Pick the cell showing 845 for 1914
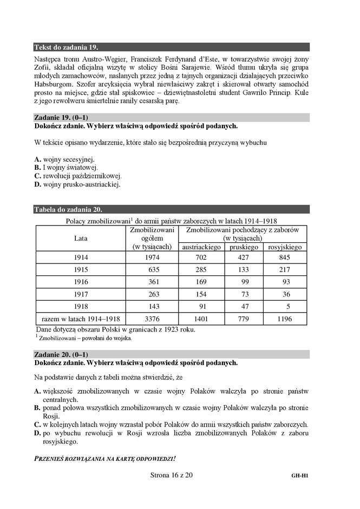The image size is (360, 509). tap(285, 257)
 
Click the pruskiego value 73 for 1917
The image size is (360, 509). tap(243, 294)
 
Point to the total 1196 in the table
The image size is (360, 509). tap(285, 319)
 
